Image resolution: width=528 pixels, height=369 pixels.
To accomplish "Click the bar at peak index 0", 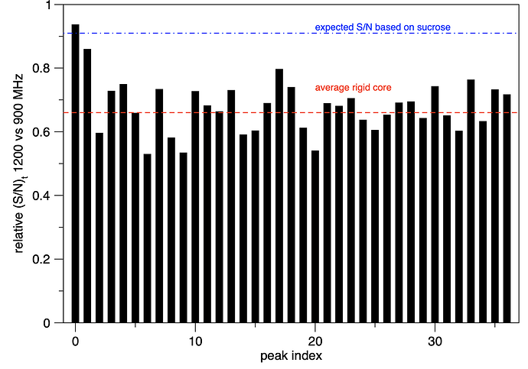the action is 76,173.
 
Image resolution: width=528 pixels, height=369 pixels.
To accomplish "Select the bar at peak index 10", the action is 195,207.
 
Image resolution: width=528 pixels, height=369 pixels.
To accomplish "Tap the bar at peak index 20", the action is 315,237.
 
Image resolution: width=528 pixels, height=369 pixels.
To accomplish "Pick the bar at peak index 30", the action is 435,204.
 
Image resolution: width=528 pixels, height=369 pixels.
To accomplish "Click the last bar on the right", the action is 507,209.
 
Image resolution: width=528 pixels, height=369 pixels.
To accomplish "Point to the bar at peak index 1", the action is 87,186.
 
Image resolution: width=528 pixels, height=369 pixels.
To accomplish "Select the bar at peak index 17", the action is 279,196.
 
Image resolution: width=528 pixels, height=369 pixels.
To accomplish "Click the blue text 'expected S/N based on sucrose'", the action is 383,28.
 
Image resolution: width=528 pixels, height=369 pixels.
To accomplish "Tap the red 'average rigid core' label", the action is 354,88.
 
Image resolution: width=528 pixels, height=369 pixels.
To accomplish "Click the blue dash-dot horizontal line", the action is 291,34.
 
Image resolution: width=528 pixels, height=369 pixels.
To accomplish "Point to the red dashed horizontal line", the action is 291,112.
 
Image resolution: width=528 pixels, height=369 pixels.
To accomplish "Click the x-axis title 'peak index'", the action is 291,356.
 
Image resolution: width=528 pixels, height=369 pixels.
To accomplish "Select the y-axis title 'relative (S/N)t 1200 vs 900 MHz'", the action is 19,163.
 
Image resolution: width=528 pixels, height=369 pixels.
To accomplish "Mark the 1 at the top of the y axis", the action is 49,5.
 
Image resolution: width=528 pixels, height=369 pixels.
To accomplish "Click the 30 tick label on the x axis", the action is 435,341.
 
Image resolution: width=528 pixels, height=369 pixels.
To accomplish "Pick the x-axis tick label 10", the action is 195,341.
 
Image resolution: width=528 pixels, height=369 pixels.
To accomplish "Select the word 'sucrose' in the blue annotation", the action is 434,28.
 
